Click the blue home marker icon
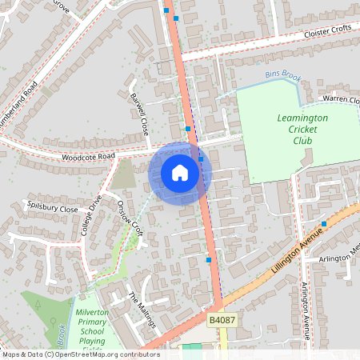pyautogui.click(x=180, y=173)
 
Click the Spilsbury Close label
pyautogui.click(x=52, y=207)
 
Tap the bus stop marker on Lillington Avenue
pyautogui.click(x=324, y=224)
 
